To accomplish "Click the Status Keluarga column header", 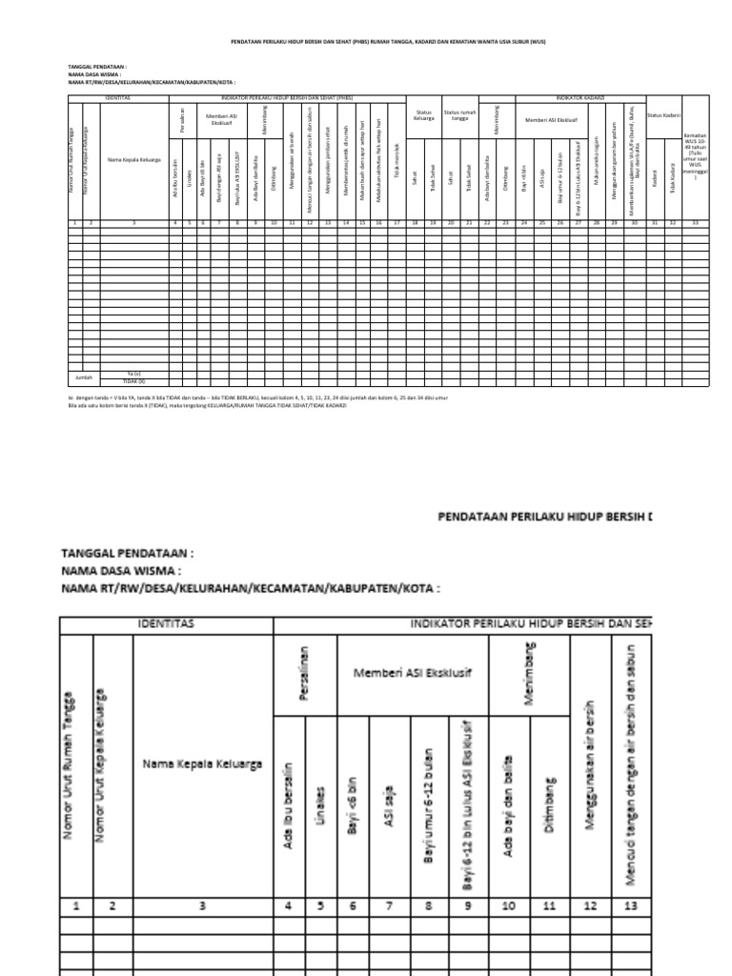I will (x=423, y=115).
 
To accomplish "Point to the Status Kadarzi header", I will (x=661, y=115).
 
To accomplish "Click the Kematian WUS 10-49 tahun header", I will (x=695, y=157).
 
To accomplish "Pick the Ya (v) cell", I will (x=134, y=373).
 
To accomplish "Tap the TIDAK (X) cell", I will (x=134, y=380).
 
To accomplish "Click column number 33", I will (x=695, y=222).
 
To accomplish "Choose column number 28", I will (x=596, y=222).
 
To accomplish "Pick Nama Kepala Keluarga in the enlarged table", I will (x=202, y=764).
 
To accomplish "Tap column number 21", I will (x=467, y=222).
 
